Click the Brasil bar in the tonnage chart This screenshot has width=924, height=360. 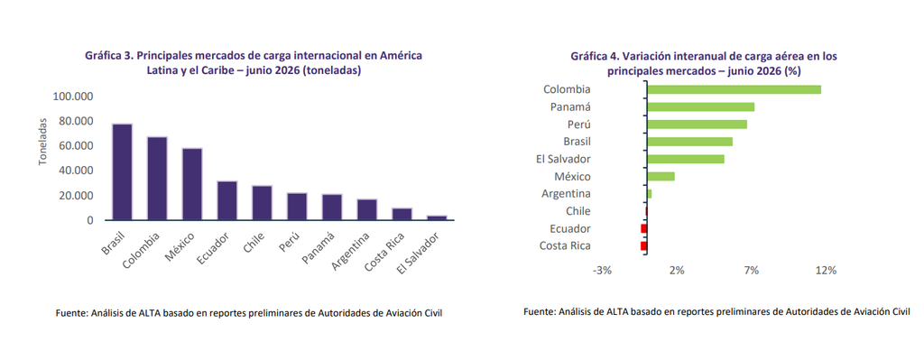[x=122, y=172]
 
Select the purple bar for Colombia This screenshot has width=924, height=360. [x=157, y=179]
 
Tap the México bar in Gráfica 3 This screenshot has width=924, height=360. [x=192, y=184]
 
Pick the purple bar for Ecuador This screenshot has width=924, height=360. [x=226, y=201]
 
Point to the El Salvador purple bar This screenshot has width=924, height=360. [x=437, y=218]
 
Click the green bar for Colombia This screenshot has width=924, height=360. [x=735, y=89]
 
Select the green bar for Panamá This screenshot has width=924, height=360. [x=701, y=106]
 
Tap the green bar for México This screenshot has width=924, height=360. [x=661, y=176]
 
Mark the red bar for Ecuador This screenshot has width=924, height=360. [x=644, y=228]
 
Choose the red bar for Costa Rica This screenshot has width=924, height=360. [x=644, y=245]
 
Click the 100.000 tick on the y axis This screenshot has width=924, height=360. [x=74, y=97]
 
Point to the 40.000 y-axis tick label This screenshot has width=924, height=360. [x=76, y=171]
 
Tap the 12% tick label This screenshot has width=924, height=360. [x=826, y=271]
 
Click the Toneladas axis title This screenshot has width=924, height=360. [x=43, y=142]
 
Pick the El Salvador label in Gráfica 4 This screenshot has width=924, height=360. [x=563, y=159]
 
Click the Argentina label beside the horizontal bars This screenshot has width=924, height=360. [x=567, y=194]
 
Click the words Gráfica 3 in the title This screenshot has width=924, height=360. [x=109, y=56]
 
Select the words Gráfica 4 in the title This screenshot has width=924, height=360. [x=596, y=57]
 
